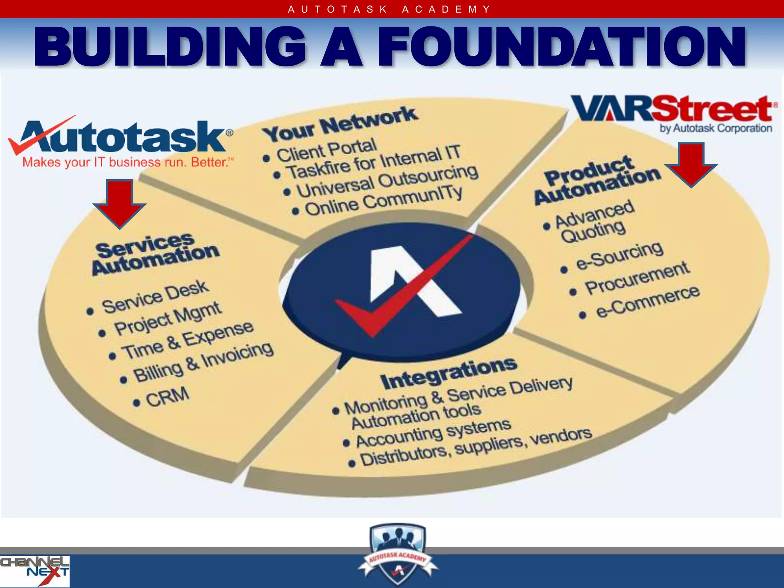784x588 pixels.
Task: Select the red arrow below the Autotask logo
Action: (x=120, y=203)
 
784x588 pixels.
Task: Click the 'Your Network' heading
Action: (x=340, y=124)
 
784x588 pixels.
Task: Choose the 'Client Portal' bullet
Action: (x=326, y=150)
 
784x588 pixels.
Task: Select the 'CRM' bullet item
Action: (x=167, y=397)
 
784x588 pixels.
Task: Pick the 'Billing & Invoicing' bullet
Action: (x=203, y=362)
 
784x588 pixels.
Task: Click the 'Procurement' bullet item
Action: (x=637, y=278)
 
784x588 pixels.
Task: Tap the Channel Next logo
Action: (x=34, y=570)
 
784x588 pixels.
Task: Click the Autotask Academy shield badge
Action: (x=397, y=553)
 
